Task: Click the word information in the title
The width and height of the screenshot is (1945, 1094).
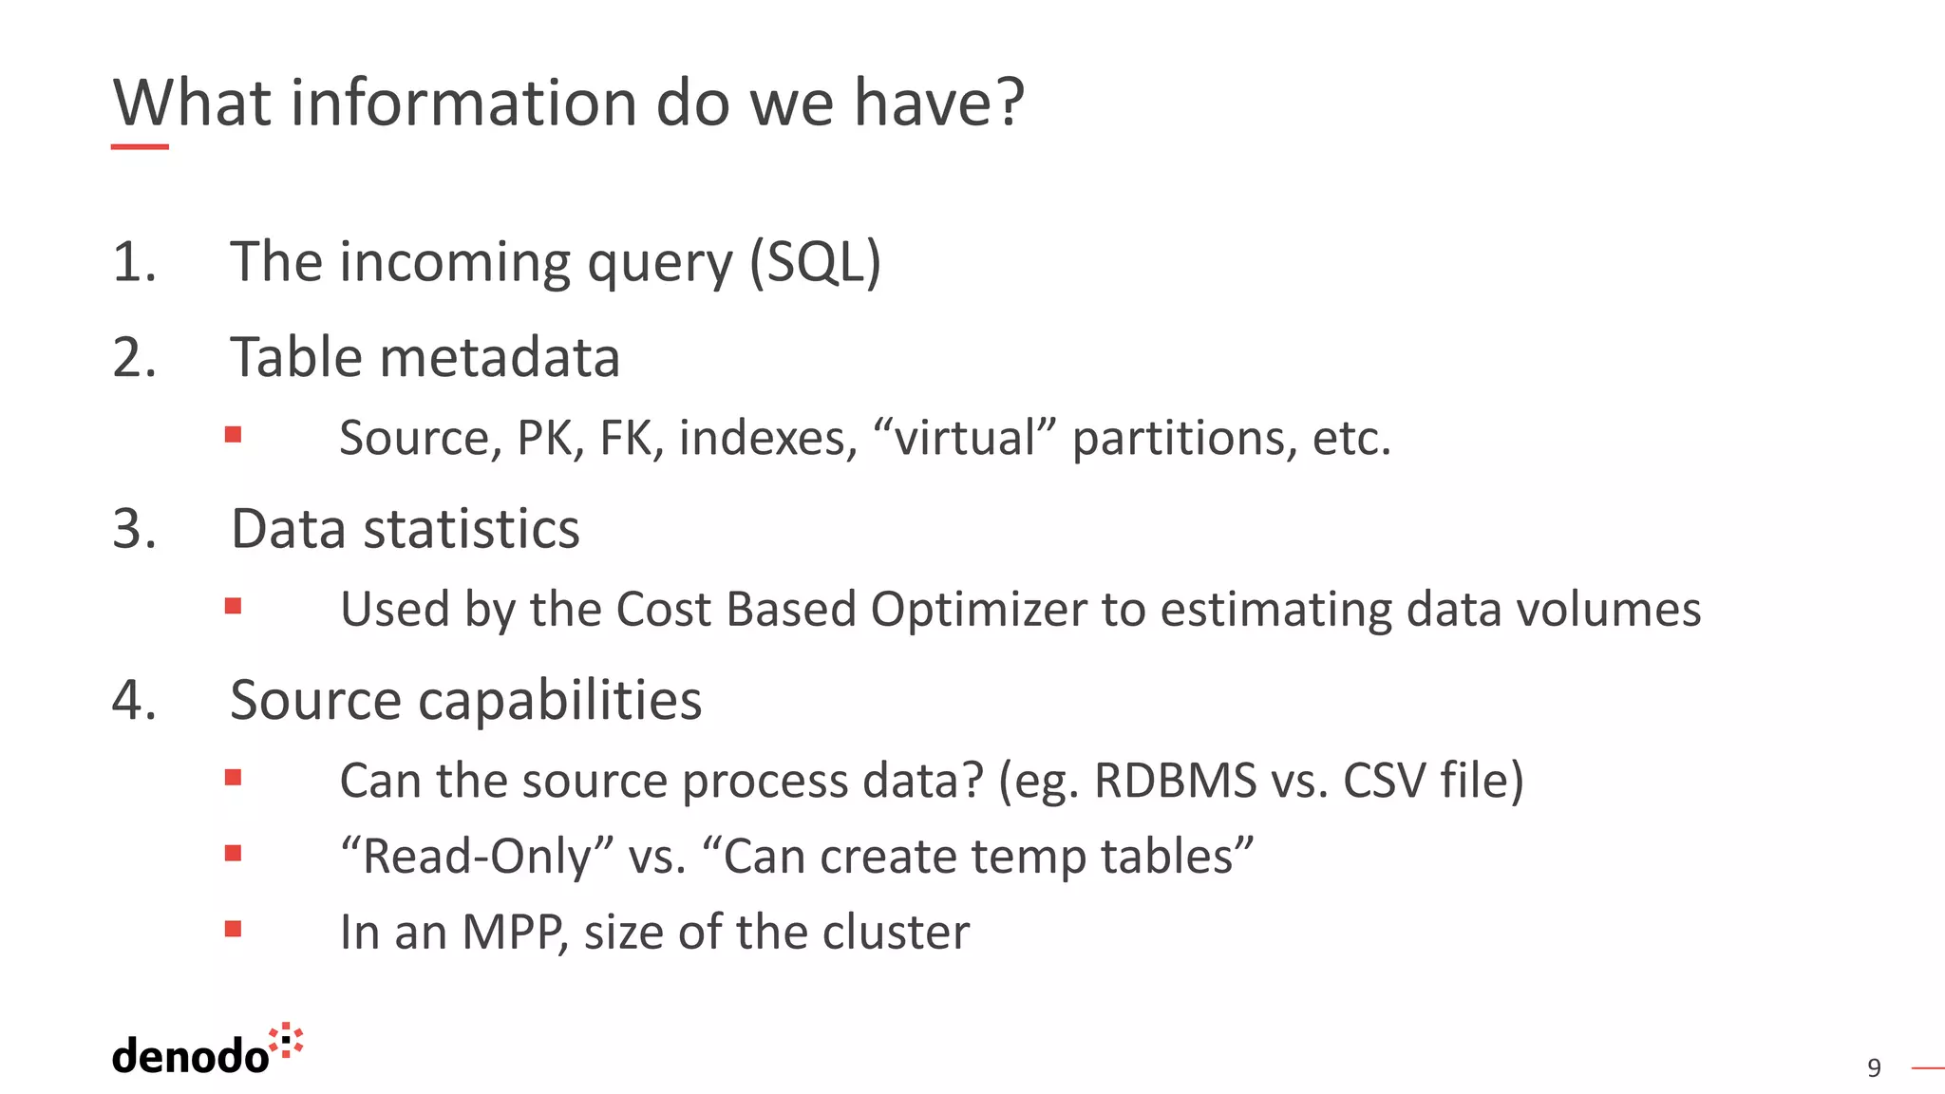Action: coord(464,103)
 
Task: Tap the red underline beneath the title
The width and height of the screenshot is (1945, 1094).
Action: coord(140,147)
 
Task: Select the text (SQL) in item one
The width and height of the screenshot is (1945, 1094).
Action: coord(815,262)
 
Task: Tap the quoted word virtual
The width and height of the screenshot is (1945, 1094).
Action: coord(964,438)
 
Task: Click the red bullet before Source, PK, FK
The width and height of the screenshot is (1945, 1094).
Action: coord(233,435)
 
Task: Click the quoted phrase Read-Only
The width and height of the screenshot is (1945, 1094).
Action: coord(477,857)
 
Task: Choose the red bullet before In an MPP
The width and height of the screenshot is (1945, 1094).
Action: coord(233,929)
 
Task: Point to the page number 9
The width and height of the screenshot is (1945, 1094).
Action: coord(1874,1068)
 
